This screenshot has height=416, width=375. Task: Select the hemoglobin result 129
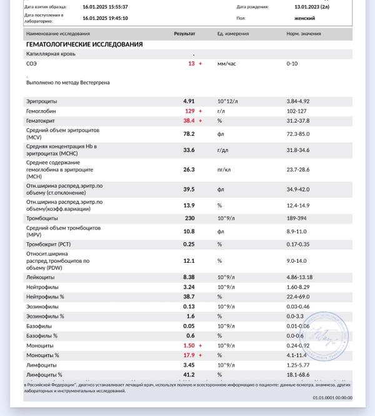click(189, 111)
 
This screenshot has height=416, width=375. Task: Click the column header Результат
click(184, 33)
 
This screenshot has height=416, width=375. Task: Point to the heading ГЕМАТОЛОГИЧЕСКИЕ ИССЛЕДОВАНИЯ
click(84, 44)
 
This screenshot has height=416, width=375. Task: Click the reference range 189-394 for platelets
click(297, 218)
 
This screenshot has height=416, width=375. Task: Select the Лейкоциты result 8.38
click(189, 277)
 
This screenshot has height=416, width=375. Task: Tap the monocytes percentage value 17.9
click(189, 355)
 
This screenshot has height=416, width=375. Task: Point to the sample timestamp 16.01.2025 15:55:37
click(105, 6)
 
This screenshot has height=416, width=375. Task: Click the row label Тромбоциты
click(42, 218)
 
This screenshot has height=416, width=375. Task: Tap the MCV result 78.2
click(189, 133)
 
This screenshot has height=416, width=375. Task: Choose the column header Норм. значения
click(304, 33)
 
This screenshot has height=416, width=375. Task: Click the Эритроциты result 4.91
click(189, 101)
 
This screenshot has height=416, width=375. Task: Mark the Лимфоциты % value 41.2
click(189, 374)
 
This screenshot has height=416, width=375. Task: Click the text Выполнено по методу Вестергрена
click(68, 82)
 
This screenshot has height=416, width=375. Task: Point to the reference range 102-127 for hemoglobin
click(297, 111)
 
